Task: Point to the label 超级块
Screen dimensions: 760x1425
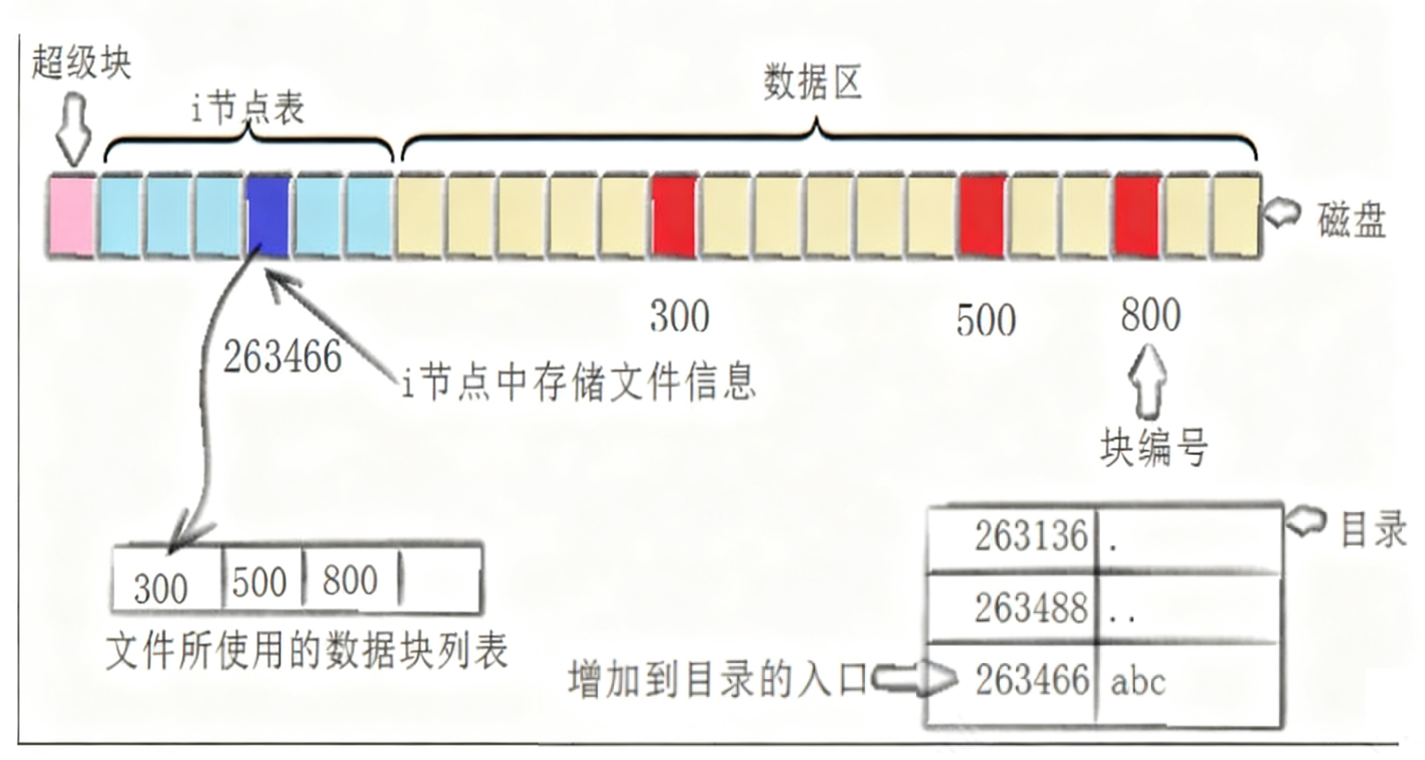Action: point(81,63)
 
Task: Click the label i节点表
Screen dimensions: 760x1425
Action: point(248,109)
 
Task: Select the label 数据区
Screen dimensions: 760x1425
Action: point(812,83)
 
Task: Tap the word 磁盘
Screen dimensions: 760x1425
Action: point(1352,220)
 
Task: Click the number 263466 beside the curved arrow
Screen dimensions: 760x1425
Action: point(282,357)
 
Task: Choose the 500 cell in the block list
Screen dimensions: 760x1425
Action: point(259,582)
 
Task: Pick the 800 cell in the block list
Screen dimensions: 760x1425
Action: point(350,580)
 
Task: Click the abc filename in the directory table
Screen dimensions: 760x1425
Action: point(1138,681)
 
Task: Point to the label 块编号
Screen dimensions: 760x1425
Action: point(1154,447)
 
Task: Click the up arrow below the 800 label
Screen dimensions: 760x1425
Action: point(1147,381)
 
